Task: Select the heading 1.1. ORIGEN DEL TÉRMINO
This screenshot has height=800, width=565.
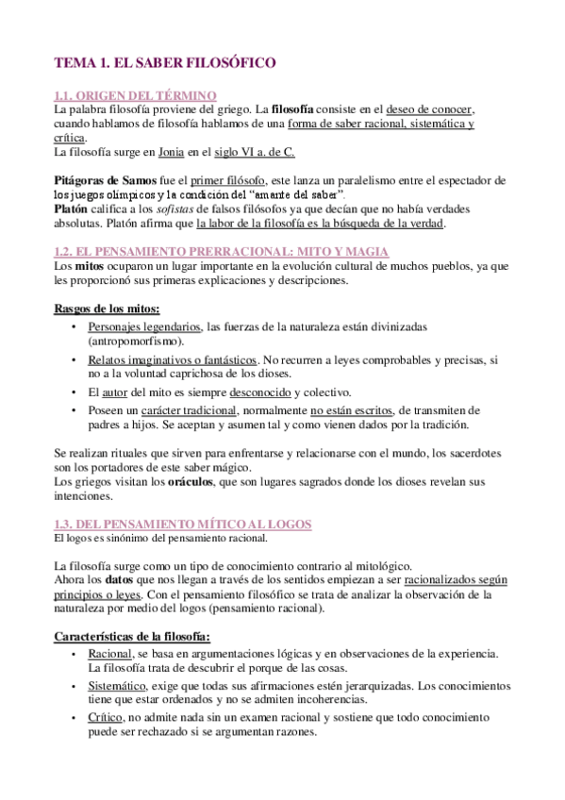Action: [136, 95]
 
